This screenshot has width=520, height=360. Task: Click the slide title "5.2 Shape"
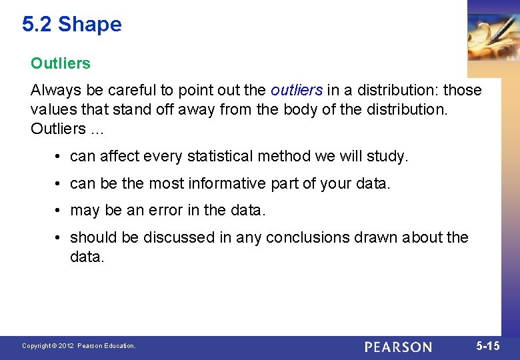pyautogui.click(x=72, y=25)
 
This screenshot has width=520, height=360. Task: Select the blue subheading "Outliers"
pyautogui.click(x=61, y=64)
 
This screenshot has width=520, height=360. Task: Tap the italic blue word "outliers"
pyautogui.click(x=297, y=90)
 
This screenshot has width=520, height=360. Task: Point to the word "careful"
pyautogui.click(x=137, y=90)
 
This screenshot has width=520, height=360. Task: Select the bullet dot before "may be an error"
pyautogui.click(x=59, y=211)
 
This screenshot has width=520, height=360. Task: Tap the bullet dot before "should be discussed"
pyautogui.click(x=59, y=237)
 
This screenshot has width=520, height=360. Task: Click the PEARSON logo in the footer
pyautogui.click(x=398, y=347)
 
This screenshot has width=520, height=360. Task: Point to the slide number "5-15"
pyautogui.click(x=488, y=346)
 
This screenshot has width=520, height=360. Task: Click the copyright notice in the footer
pyautogui.click(x=79, y=346)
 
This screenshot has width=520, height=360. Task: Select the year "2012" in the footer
pyautogui.click(x=65, y=346)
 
